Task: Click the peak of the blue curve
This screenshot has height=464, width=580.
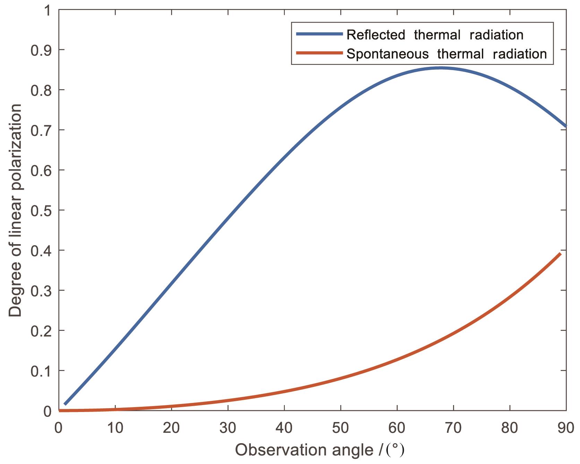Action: pyautogui.click(x=440, y=68)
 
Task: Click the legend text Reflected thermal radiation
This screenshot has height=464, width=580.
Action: pyautogui.click(x=435, y=35)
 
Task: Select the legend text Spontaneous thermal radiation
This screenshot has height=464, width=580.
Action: pyautogui.click(x=446, y=54)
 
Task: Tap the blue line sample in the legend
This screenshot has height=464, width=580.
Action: pyautogui.click(x=319, y=34)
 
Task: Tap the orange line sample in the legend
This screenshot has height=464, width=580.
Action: pyautogui.click(x=319, y=53)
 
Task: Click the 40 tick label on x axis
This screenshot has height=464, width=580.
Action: pyautogui.click(x=284, y=428)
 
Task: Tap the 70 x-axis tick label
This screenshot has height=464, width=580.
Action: pyautogui.click(x=453, y=428)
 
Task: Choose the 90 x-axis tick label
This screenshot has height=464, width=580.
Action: pyautogui.click(x=566, y=428)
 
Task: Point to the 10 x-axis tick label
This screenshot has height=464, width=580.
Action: pyautogui.click(x=115, y=428)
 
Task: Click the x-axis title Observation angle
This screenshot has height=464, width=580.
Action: pyautogui.click(x=319, y=450)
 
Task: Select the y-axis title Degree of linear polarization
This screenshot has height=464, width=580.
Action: pyautogui.click(x=16, y=210)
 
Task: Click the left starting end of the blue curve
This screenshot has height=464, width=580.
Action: pyautogui.click(x=65, y=404)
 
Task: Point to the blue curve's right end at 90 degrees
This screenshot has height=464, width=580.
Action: pyautogui.click(x=566, y=126)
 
